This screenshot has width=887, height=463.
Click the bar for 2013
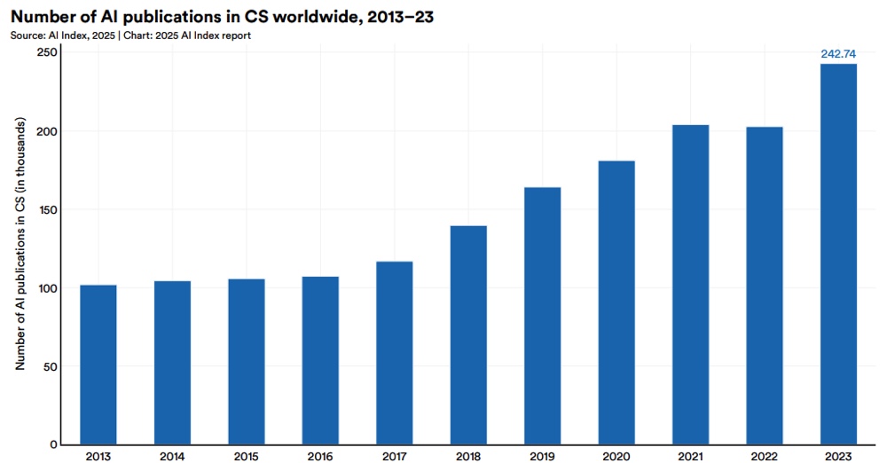pyautogui.click(x=98, y=365)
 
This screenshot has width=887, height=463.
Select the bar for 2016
pyautogui.click(x=320, y=360)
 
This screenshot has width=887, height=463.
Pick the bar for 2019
pyautogui.click(x=542, y=316)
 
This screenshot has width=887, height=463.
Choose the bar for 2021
pyautogui.click(x=690, y=285)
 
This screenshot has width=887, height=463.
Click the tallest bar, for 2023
pyautogui.click(x=838, y=255)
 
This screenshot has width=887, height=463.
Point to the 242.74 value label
pyautogui.click(x=838, y=54)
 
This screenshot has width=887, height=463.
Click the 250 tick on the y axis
pyautogui.click(x=46, y=52)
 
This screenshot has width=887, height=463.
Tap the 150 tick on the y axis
pyautogui.click(x=46, y=209)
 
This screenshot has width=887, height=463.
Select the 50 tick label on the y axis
pyautogui.click(x=50, y=366)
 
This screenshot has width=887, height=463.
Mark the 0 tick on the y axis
pyautogui.click(x=53, y=444)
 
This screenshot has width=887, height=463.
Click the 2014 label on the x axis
pyautogui.click(x=172, y=456)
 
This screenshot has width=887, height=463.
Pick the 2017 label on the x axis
pyautogui.click(x=394, y=456)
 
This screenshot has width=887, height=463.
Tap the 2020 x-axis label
pyautogui.click(x=616, y=456)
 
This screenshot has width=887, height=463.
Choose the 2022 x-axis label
pyautogui.click(x=765, y=456)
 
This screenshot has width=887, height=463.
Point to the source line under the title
pyautogui.click(x=130, y=35)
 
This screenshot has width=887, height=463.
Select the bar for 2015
pyautogui.click(x=247, y=362)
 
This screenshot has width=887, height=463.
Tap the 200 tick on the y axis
pyautogui.click(x=46, y=131)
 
